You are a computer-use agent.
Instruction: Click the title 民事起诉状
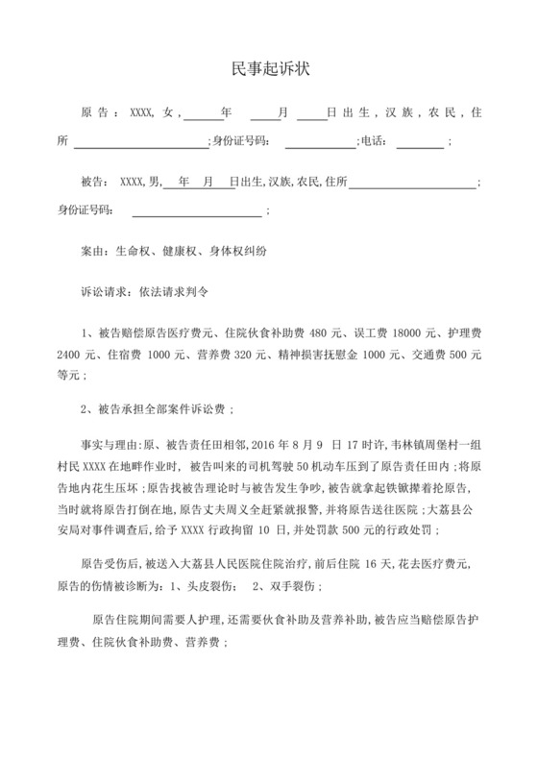tap(269, 69)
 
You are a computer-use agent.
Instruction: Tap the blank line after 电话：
tap(420, 143)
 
